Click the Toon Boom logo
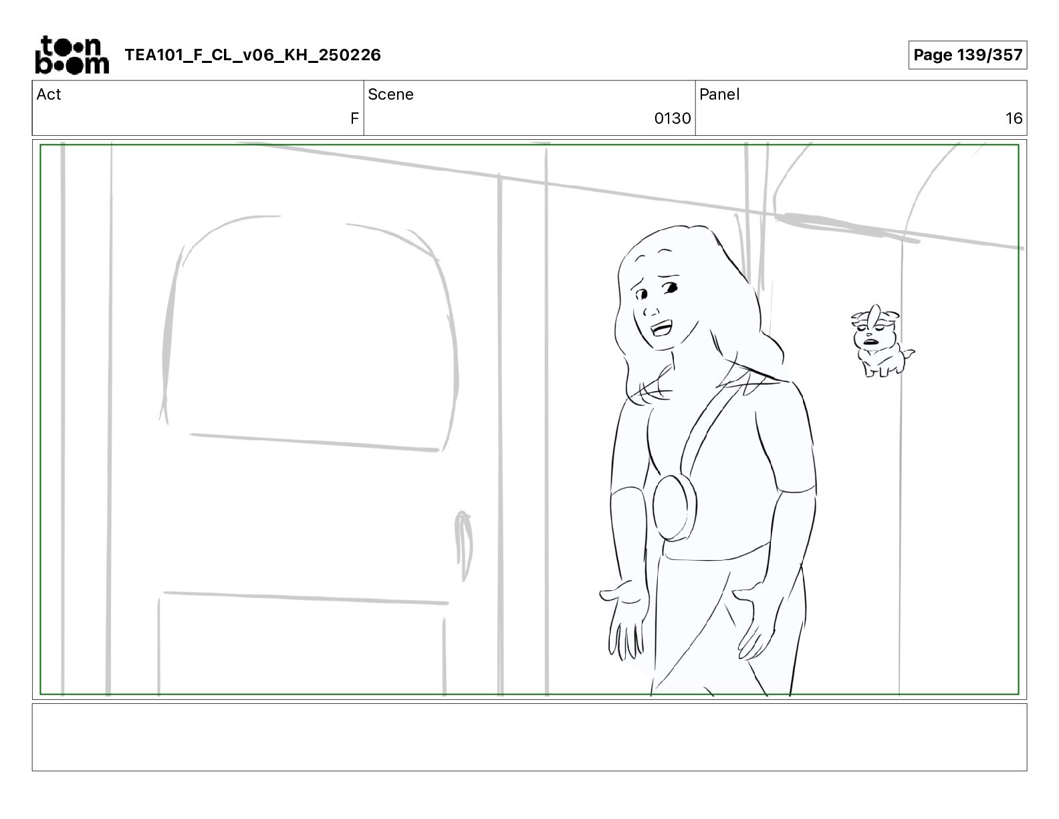pyautogui.click(x=72, y=55)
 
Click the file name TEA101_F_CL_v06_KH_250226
pyautogui.click(x=253, y=55)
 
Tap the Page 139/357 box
pyautogui.click(x=967, y=55)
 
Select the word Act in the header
pyautogui.click(x=49, y=94)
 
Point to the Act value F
pyautogui.click(x=354, y=118)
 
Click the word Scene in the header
pyautogui.click(x=390, y=94)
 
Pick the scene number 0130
pyautogui.click(x=672, y=118)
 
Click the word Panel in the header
pyautogui.click(x=719, y=94)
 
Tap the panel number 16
pyautogui.click(x=1014, y=118)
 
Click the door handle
pyautogui.click(x=463, y=545)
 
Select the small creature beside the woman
pyautogui.click(x=881, y=341)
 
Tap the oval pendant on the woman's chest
pyautogui.click(x=675, y=508)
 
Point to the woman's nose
pyautogui.click(x=651, y=310)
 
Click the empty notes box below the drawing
pyautogui.click(x=529, y=737)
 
